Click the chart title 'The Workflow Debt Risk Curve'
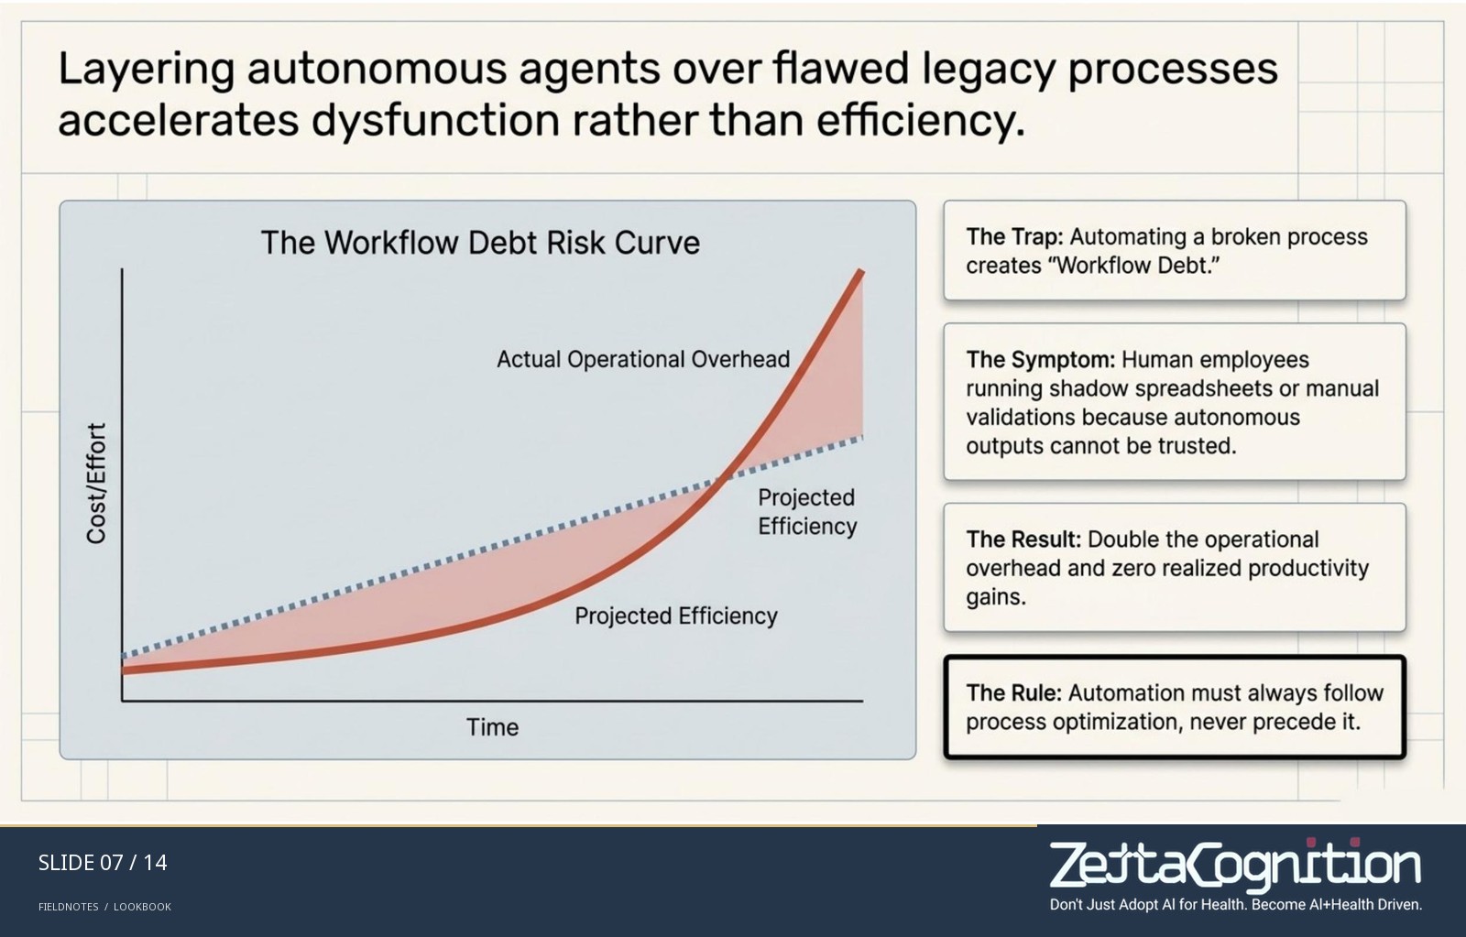pyautogui.click(x=480, y=243)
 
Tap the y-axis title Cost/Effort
pyautogui.click(x=97, y=483)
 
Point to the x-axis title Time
pyautogui.click(x=492, y=727)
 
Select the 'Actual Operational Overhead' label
pyautogui.click(x=643, y=359)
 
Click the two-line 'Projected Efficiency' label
pyautogui.click(x=807, y=512)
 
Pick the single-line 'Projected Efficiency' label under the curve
pyautogui.click(x=676, y=616)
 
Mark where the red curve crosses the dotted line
pyautogui.click(x=720, y=478)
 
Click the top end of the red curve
pyautogui.click(x=861, y=271)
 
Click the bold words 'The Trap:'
pyautogui.click(x=1014, y=237)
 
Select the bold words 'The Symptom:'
pyautogui.click(x=1040, y=360)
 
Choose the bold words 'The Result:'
pyautogui.click(x=1023, y=539)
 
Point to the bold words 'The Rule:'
pyautogui.click(x=1013, y=693)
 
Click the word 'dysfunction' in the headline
pyautogui.click(x=435, y=120)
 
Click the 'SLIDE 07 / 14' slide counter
pyautogui.click(x=103, y=863)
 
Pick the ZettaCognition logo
pyautogui.click(x=1235, y=874)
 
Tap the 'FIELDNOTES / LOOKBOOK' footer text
pyautogui.click(x=104, y=907)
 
